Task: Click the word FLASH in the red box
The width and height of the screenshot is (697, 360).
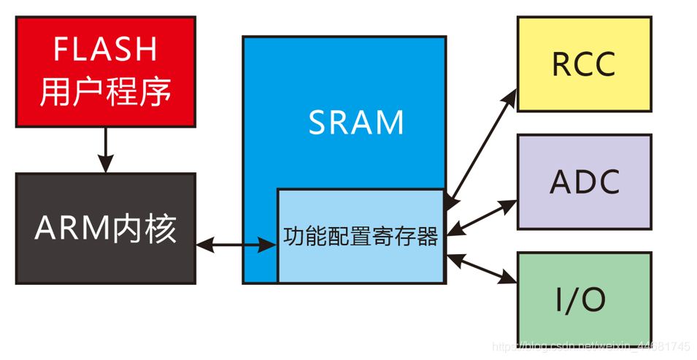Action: coord(105,50)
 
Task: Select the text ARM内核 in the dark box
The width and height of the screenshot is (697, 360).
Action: coord(105,229)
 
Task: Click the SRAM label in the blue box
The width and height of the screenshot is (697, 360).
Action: coord(356,122)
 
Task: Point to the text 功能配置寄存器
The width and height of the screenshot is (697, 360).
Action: coord(361,236)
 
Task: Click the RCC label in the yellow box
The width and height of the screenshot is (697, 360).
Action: coord(584,64)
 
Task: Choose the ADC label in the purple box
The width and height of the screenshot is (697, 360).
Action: coord(584,182)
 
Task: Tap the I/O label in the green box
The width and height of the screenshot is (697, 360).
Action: coord(584,299)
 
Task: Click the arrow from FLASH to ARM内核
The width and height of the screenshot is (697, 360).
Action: coord(106,150)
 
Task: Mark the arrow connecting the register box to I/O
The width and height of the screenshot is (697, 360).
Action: coord(482,267)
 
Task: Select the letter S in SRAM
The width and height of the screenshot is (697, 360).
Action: coord(318,122)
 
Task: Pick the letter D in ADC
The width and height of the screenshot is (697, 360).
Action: coord(584,182)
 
